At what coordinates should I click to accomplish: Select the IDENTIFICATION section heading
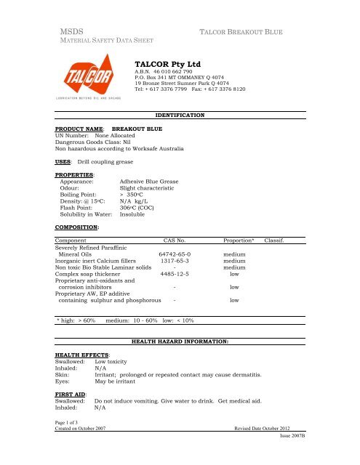pyautogui.click(x=180, y=115)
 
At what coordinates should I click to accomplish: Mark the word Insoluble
pyautogui.click(x=135, y=214)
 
